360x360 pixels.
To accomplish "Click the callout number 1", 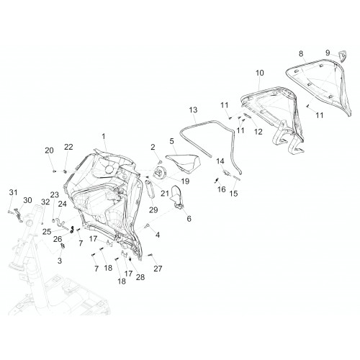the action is (x=104, y=136).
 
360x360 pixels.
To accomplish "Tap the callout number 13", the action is (x=193, y=110).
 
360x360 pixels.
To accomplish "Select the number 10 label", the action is (x=260, y=73).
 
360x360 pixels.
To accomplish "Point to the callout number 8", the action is (x=301, y=54).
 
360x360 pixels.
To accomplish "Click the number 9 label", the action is (x=328, y=53).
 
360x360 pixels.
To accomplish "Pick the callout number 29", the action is (x=153, y=210).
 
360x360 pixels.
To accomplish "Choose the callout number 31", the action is (x=14, y=192).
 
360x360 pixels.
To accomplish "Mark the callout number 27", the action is (x=158, y=269).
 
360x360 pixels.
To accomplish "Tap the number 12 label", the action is (x=258, y=132).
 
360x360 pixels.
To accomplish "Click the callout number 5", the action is (x=171, y=141).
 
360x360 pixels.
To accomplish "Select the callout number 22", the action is (x=68, y=147).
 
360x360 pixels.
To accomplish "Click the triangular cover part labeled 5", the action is (x=183, y=163).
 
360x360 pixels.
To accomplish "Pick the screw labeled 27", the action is (x=150, y=256).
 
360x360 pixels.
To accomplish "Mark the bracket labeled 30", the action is (x=19, y=215).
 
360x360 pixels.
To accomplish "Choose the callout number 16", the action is (x=222, y=189).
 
